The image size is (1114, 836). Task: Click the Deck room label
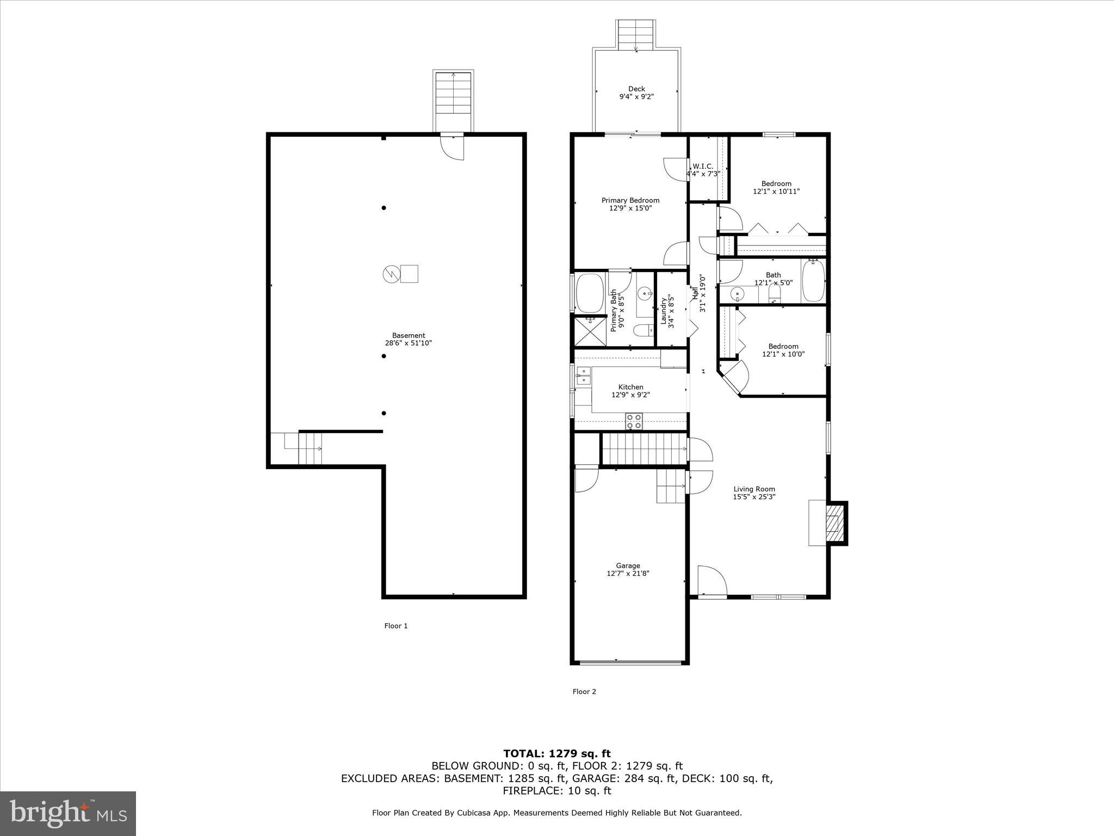(x=636, y=89)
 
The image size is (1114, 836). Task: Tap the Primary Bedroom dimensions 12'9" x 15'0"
(x=630, y=208)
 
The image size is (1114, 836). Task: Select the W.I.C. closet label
(x=703, y=167)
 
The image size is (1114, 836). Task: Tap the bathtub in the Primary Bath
(x=590, y=293)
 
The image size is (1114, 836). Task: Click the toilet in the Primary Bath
(x=643, y=330)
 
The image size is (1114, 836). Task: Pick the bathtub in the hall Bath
(x=813, y=281)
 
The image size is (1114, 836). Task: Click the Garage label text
(x=628, y=565)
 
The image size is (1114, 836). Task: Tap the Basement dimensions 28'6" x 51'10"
(x=408, y=343)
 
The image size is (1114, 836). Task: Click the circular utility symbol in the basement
(x=390, y=274)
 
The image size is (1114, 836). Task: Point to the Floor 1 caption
(x=396, y=626)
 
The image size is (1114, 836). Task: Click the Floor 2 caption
(x=584, y=692)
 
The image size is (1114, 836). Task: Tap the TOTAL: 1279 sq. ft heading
(x=556, y=754)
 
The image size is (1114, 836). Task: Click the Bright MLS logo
(x=68, y=813)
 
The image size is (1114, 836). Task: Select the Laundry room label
(x=664, y=310)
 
